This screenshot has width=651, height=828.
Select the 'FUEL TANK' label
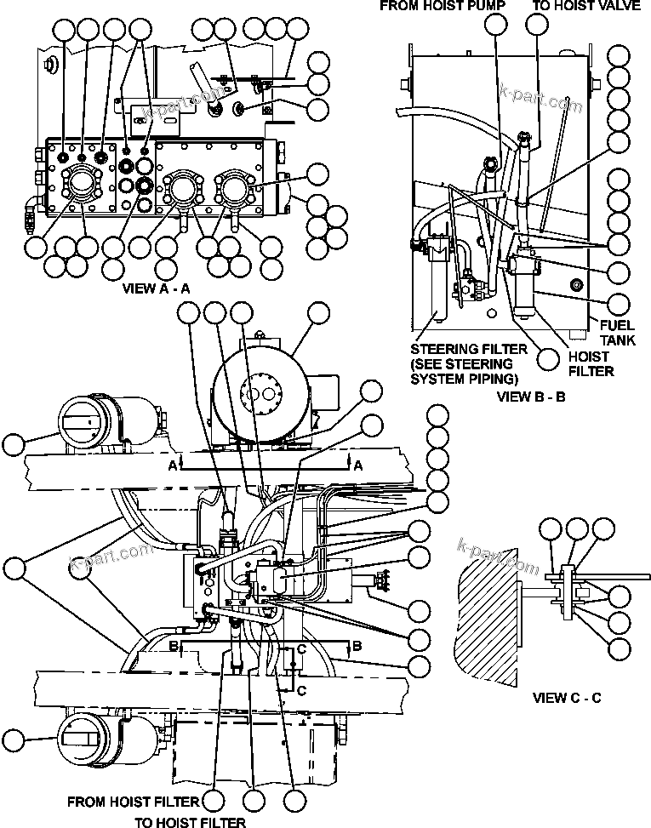point(617,332)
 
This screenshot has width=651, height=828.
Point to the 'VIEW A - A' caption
point(156,288)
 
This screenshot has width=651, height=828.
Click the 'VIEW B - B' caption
point(531,396)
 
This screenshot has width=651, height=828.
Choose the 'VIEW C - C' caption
point(568,698)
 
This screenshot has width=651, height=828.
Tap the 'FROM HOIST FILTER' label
point(133,802)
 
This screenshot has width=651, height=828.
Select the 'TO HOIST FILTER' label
point(191,822)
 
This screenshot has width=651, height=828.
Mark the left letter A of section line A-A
point(173,465)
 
